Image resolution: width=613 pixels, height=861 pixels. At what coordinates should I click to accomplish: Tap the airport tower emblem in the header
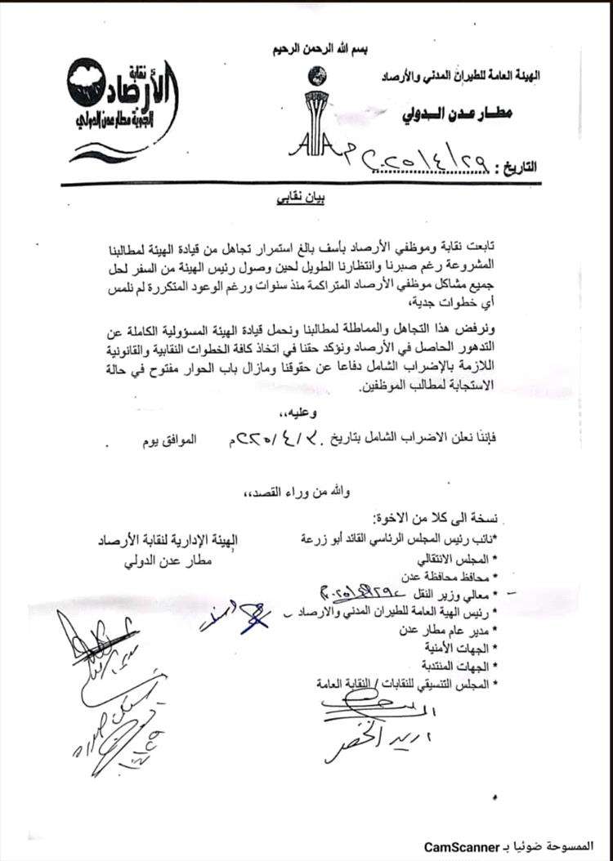tap(315, 114)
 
